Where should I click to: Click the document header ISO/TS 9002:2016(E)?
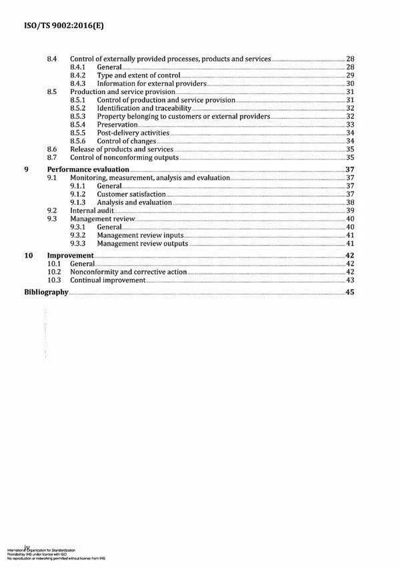[57, 26]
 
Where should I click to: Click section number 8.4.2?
[79, 76]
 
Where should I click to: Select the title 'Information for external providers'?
[151, 83]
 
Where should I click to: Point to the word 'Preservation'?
[117, 125]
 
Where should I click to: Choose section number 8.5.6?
[79, 141]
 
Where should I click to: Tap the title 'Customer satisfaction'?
[131, 194]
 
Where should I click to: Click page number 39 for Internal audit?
[349, 210]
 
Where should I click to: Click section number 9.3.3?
[79, 244]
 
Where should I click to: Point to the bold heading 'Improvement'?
[70, 256]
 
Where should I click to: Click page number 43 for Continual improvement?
[349, 280]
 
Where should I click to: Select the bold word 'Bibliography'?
[46, 293]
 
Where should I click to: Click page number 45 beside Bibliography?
[349, 293]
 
